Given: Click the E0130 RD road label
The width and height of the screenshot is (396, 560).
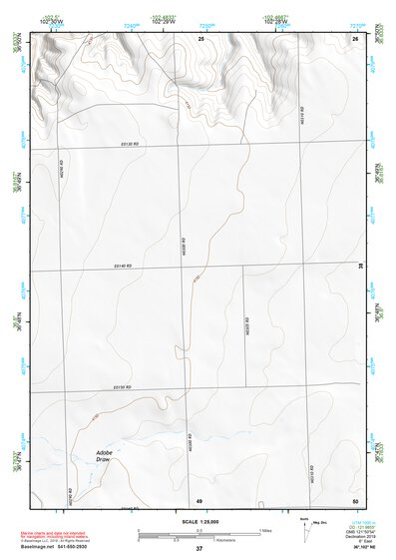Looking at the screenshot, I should coord(124,144).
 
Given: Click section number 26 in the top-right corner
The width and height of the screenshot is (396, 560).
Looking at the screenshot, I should coord(354,38).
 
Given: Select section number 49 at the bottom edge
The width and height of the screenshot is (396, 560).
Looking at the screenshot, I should coord(199,499).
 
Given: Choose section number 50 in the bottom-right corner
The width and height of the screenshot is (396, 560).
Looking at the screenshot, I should coord(354,499).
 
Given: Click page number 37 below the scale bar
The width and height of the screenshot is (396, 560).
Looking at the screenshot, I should coord(199,548).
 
